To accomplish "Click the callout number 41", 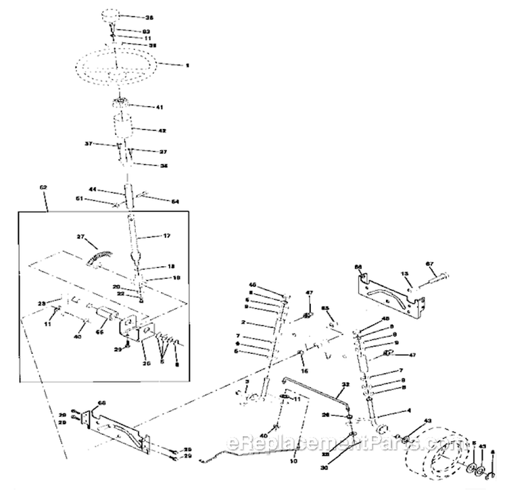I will pyautogui.click(x=160, y=107).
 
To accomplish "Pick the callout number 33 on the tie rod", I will pyautogui.click(x=346, y=385).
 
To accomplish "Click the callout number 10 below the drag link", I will pyautogui.click(x=293, y=461).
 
